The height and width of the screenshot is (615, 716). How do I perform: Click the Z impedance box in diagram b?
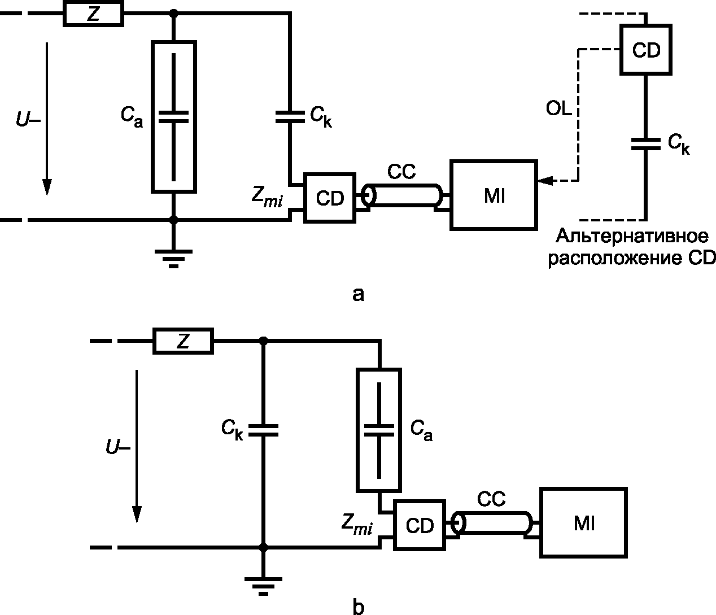184,341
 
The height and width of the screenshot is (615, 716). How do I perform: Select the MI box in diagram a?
494,195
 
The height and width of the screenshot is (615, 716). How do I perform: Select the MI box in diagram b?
583,522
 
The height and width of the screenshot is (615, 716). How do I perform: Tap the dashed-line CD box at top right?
645,50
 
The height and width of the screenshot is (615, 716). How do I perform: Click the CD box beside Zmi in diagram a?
330,198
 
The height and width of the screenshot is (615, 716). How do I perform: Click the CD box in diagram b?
420,525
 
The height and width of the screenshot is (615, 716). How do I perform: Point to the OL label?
558,108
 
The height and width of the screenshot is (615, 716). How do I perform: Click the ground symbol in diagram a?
173,258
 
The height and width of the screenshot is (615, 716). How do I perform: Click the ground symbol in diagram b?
263,586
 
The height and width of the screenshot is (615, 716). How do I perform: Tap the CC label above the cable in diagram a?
401,172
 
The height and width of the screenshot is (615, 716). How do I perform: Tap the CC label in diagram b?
491,499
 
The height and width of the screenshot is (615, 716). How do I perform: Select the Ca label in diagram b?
421,430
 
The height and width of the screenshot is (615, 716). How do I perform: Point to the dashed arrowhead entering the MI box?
545,181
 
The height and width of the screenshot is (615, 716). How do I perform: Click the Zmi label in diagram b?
357,524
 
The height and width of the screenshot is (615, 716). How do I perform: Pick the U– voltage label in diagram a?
28,120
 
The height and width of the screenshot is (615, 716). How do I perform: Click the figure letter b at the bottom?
358,607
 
